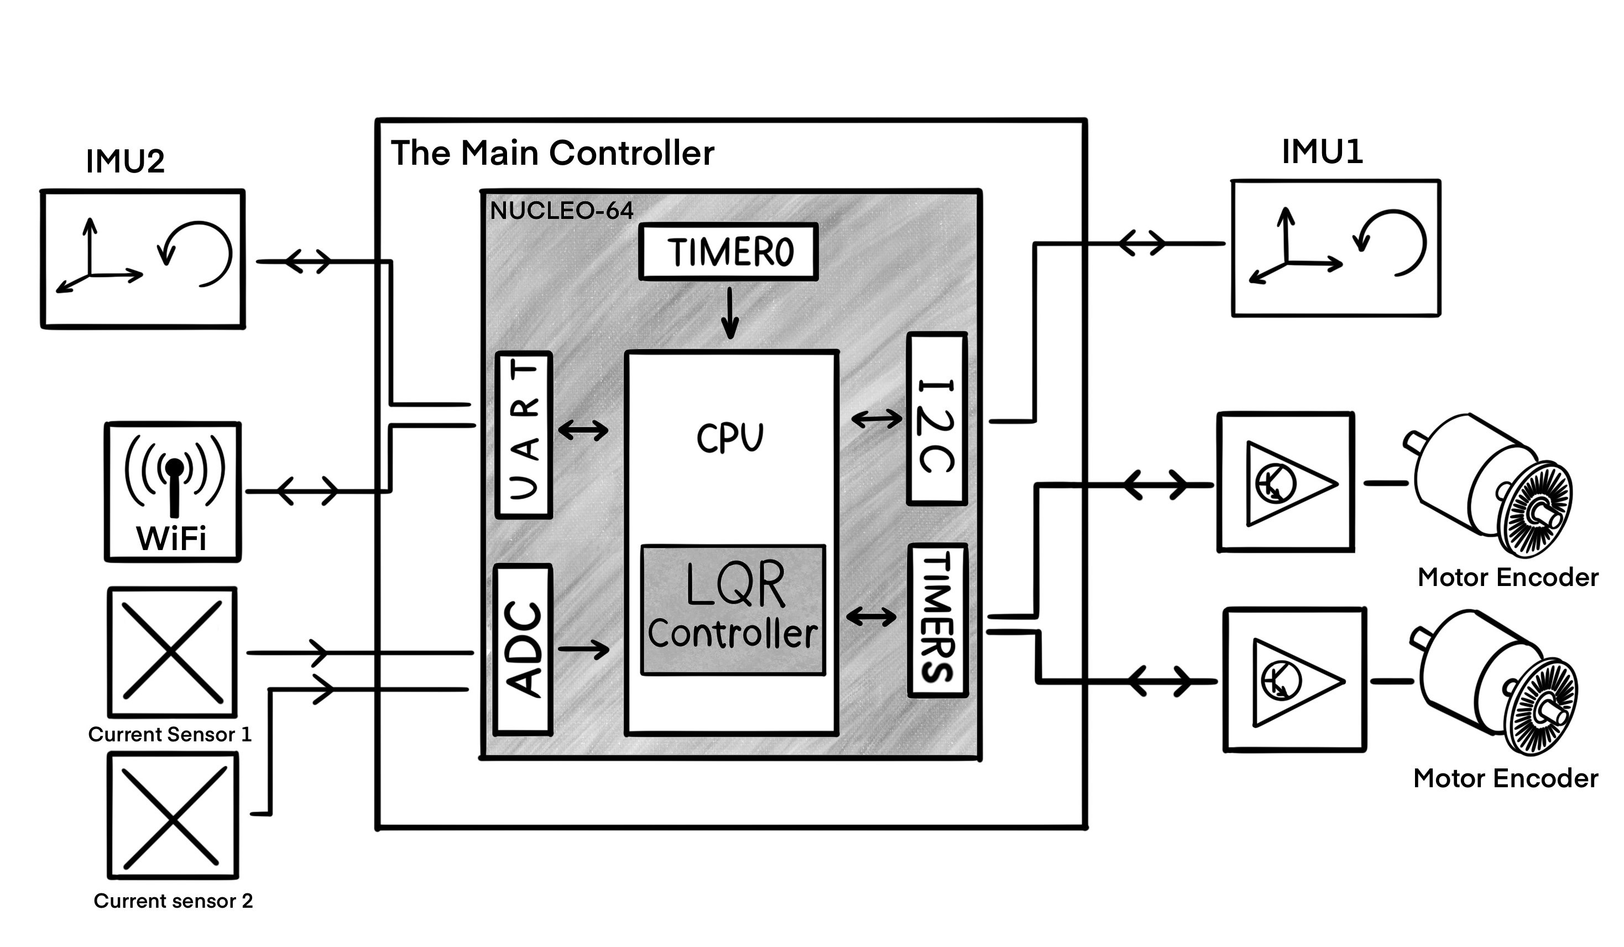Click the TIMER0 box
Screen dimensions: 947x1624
point(728,252)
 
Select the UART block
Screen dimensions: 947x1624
point(523,435)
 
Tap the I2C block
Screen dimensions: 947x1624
point(936,418)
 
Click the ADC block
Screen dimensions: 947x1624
point(523,650)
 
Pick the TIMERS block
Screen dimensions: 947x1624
point(937,620)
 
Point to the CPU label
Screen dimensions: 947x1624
point(729,438)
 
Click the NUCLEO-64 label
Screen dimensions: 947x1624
point(561,211)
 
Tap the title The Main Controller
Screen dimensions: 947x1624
point(552,153)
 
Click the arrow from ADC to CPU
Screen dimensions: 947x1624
point(583,648)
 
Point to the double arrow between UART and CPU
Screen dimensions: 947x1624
point(583,430)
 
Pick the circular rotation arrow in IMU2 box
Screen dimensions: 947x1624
point(196,253)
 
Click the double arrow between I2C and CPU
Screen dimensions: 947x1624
point(876,420)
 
